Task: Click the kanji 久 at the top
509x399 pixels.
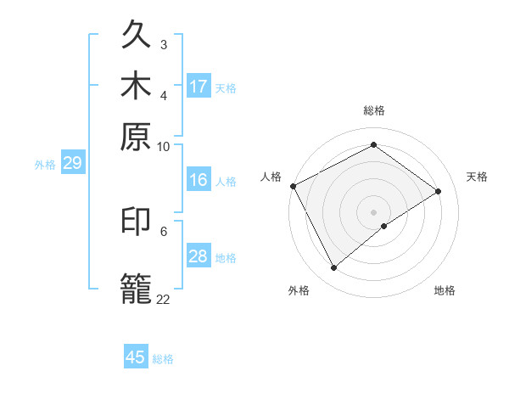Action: (x=137, y=36)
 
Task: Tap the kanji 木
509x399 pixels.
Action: (x=137, y=85)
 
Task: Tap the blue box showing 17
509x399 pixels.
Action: (x=199, y=87)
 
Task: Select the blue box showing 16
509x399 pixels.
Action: (x=199, y=180)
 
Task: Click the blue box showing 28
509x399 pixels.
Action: (x=199, y=256)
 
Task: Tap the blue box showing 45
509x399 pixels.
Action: (x=136, y=357)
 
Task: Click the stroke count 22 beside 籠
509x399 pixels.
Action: (x=163, y=299)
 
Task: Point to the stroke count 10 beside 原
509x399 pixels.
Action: (x=163, y=146)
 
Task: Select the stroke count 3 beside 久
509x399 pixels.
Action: (x=163, y=44)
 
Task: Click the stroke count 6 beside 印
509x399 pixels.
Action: (x=163, y=230)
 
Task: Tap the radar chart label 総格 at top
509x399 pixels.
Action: (x=373, y=110)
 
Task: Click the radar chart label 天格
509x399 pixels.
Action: (x=477, y=177)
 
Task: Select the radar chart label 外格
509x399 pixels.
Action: (x=299, y=291)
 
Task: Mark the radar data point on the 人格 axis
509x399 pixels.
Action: (x=293, y=186)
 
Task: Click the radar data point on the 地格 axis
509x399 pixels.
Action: (x=384, y=226)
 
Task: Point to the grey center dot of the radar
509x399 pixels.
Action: (x=373, y=211)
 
